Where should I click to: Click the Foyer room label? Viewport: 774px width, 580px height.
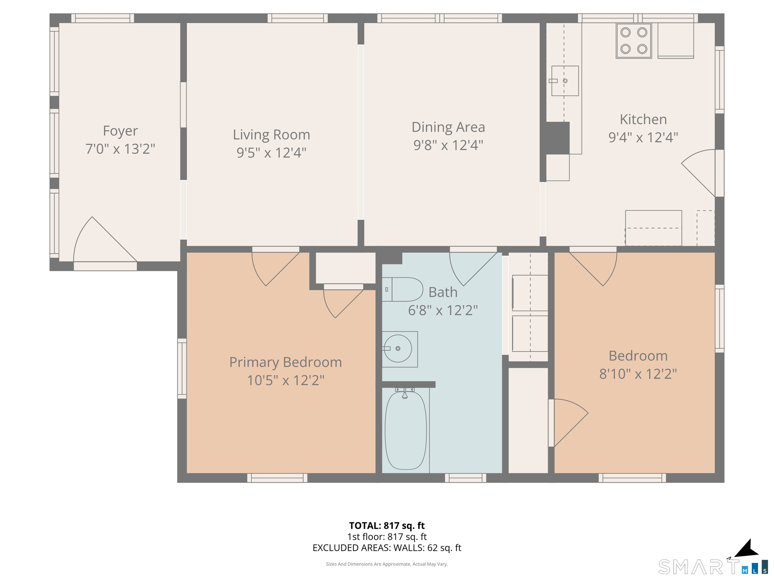(120, 131)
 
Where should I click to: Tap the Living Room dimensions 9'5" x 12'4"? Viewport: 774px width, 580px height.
(272, 153)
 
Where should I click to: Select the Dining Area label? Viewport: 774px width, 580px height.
(448, 127)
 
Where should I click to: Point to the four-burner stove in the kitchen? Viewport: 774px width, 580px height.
(634, 41)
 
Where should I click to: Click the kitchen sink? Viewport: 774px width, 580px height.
(565, 81)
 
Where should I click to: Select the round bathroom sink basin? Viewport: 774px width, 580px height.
(398, 349)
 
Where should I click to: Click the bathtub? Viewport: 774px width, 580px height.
(406, 430)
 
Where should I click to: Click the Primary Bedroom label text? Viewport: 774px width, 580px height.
(285, 362)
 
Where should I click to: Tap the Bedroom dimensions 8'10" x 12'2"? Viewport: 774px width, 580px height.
(638, 374)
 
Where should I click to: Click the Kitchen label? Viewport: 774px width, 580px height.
(643, 120)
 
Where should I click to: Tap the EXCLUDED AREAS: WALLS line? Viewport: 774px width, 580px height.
(387, 548)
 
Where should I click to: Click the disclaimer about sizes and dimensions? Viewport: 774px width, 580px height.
(387, 564)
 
